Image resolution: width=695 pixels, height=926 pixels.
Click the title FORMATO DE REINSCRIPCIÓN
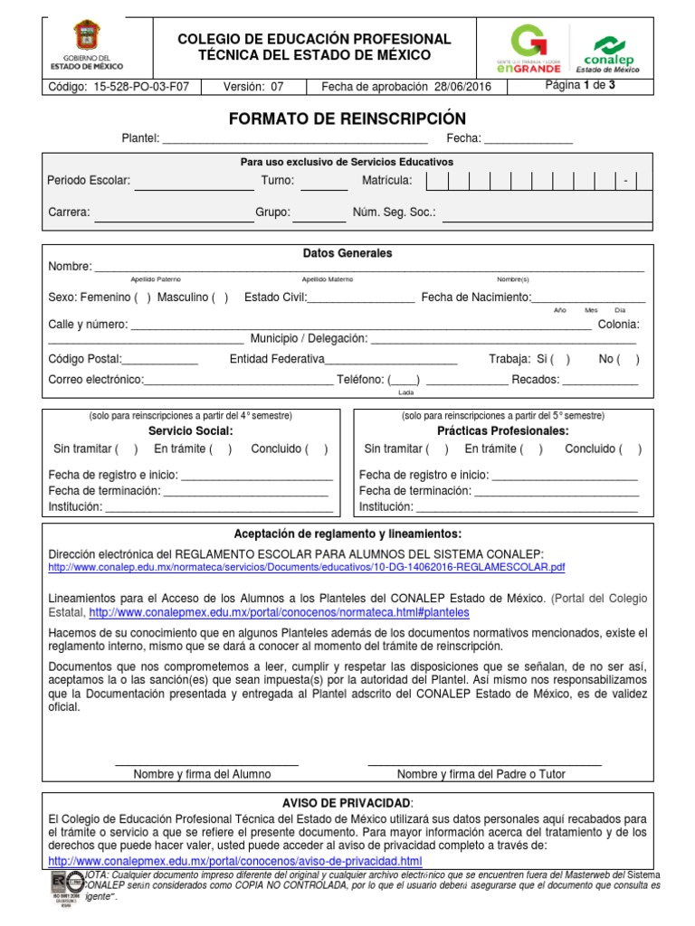click(x=347, y=119)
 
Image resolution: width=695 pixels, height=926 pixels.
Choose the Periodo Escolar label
click(x=89, y=181)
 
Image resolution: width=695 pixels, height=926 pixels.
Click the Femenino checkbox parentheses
click(x=142, y=298)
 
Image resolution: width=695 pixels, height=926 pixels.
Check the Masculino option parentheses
click(x=220, y=298)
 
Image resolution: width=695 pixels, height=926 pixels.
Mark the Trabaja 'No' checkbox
click(x=630, y=359)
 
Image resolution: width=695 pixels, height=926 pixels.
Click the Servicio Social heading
click(x=190, y=430)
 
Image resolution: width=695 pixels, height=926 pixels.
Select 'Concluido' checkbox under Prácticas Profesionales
click(x=633, y=449)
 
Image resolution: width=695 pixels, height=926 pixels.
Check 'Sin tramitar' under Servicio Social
click(x=128, y=449)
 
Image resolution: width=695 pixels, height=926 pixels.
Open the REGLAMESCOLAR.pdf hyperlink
click(x=306, y=567)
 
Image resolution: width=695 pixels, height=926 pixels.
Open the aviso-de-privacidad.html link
click(x=234, y=860)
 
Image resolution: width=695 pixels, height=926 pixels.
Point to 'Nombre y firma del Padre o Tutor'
click(x=481, y=774)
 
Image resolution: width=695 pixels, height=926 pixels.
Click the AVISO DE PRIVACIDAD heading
click(x=347, y=803)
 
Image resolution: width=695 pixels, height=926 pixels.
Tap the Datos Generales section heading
click(x=347, y=253)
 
